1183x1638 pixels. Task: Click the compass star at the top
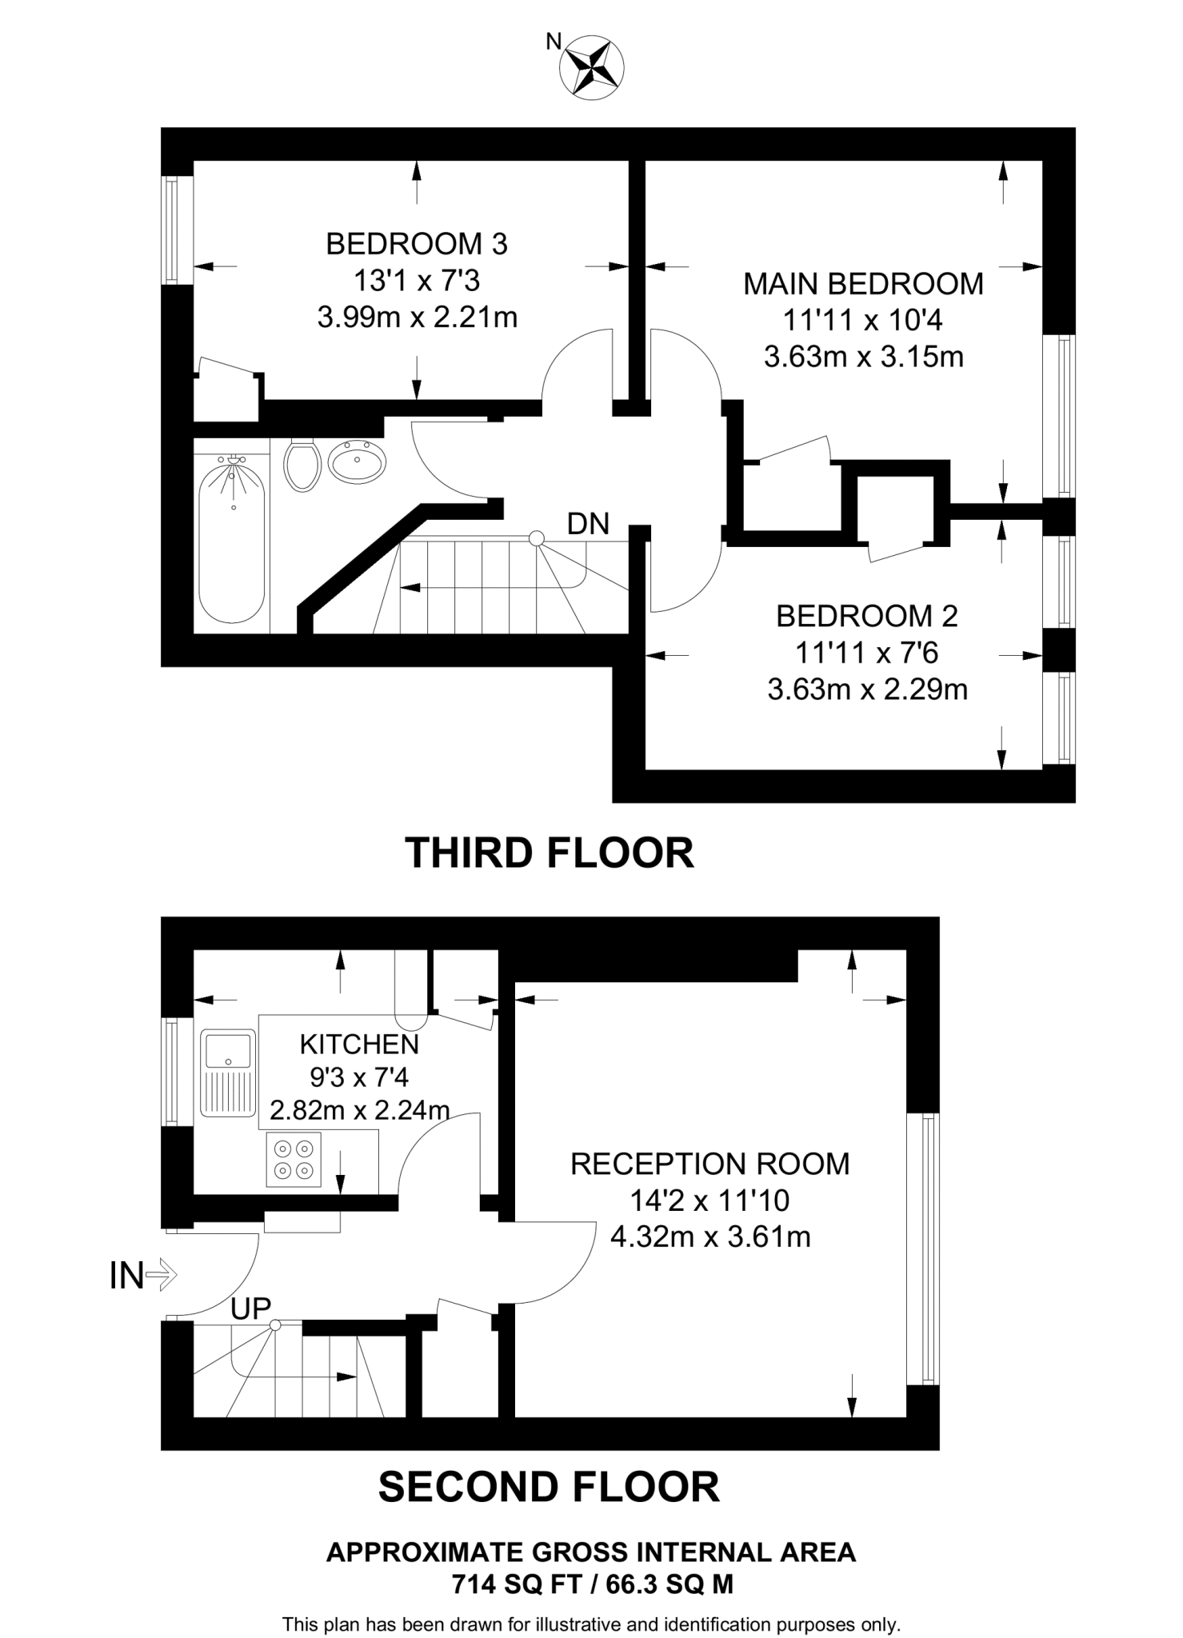(x=593, y=69)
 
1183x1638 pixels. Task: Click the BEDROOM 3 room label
(x=417, y=244)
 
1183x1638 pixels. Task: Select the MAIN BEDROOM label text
(x=863, y=284)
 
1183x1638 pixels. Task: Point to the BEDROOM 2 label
(x=867, y=616)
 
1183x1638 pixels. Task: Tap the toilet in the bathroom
(x=302, y=465)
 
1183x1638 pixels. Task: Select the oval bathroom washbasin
(x=357, y=462)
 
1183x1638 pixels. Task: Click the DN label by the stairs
(x=588, y=525)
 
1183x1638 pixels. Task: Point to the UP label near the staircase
(x=250, y=1309)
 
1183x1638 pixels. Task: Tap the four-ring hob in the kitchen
(x=293, y=1160)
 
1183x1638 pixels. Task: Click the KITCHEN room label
(x=359, y=1044)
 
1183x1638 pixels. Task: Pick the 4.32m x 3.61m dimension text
(x=710, y=1236)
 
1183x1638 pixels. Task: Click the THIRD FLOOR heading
(x=550, y=853)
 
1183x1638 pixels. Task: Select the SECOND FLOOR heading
(x=549, y=1487)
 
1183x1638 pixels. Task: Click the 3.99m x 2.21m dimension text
(x=417, y=318)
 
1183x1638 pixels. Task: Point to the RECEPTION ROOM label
(x=710, y=1164)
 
